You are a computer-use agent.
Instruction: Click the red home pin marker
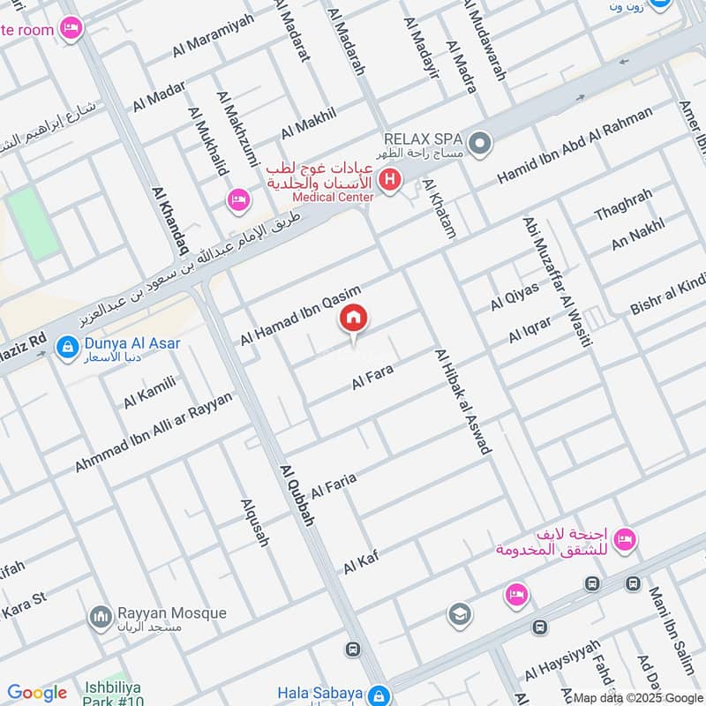coord(354,319)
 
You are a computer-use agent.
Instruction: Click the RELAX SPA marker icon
coord(480,143)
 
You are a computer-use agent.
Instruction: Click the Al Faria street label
coord(334,484)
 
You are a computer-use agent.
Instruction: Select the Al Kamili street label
coord(149,392)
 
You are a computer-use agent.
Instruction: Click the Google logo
coord(37,693)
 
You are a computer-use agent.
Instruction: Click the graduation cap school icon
coord(459,615)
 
